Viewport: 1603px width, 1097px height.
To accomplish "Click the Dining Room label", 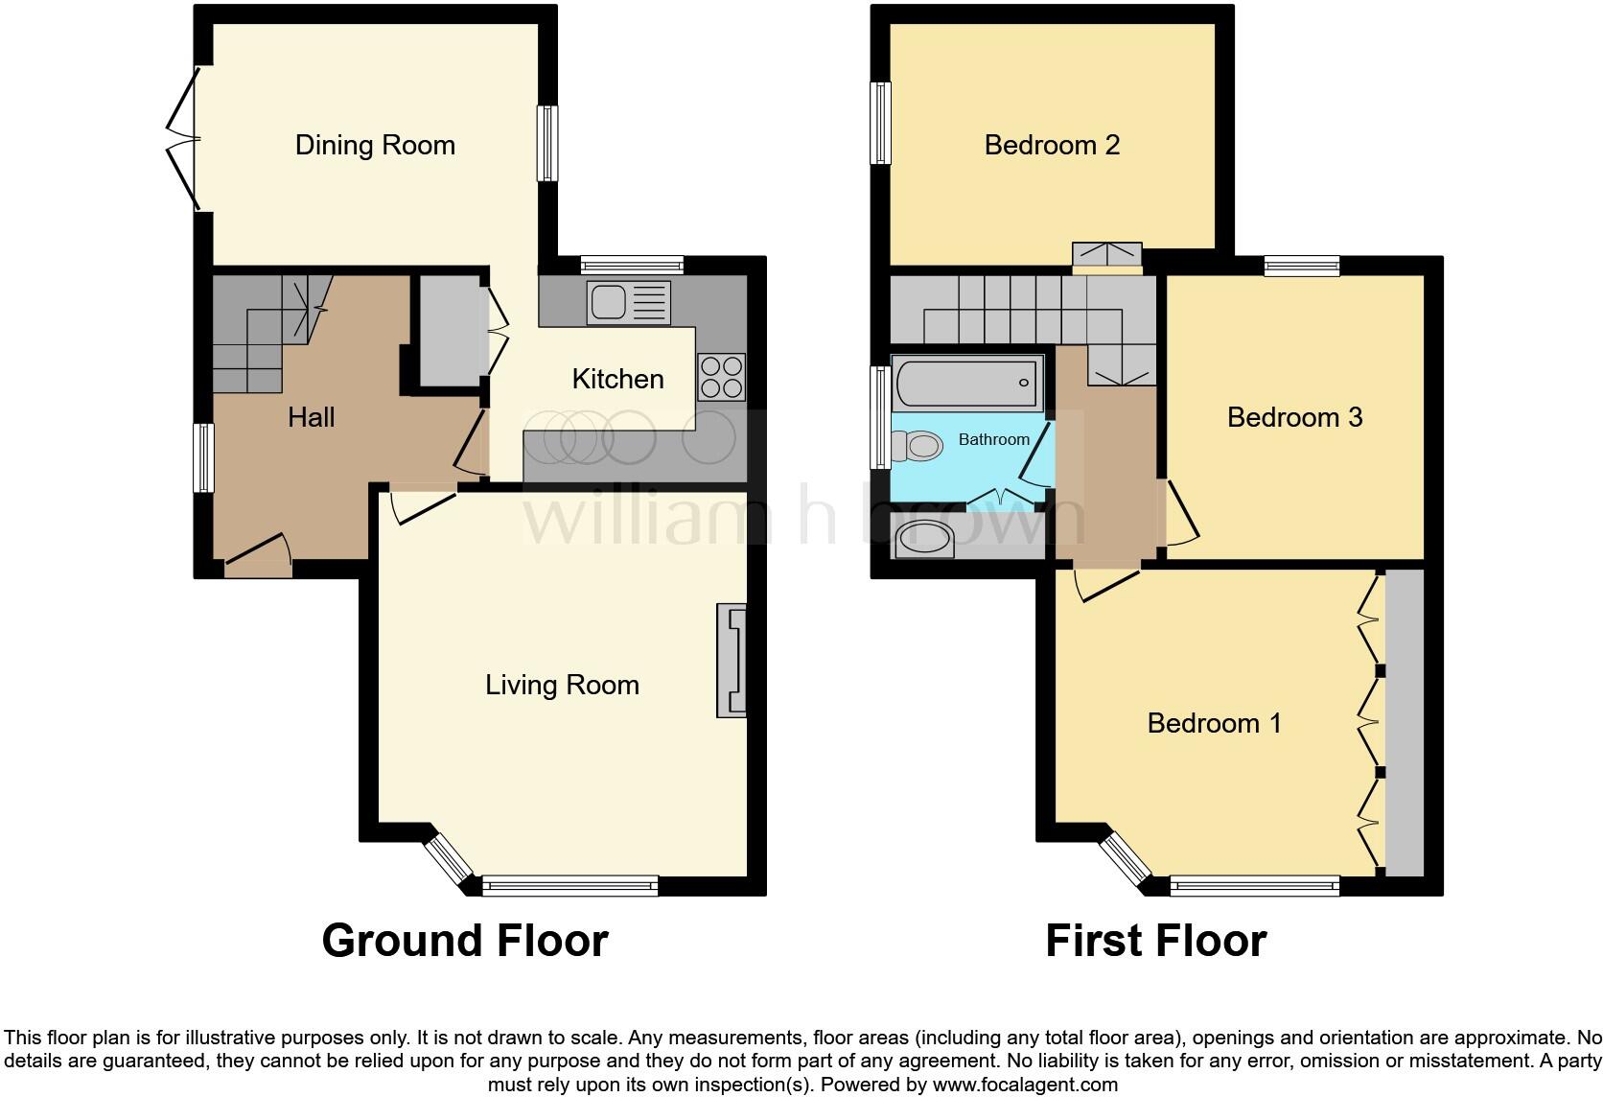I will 375,145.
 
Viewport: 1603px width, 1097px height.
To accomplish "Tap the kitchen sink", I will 628,302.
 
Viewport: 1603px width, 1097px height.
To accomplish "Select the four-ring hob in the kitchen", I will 721,377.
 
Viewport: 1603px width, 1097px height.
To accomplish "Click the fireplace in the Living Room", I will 732,661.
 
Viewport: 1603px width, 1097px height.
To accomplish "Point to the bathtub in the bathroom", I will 966,383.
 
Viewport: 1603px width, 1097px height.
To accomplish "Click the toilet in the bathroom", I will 916,446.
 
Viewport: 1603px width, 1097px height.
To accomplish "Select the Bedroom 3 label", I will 1294,417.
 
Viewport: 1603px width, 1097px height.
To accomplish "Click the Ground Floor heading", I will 465,941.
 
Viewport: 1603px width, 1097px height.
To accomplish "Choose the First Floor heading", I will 1155,941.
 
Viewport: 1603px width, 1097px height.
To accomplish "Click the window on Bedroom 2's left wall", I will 880,123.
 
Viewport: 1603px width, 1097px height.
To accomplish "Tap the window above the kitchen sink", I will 631,265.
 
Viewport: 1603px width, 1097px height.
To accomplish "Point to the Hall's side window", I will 203,458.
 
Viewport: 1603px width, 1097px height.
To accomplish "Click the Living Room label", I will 562,685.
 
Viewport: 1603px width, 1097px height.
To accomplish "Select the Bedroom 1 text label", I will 1214,723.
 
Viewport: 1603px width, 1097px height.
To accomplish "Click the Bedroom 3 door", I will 1181,513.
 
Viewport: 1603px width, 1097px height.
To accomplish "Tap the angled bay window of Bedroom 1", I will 1124,857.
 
